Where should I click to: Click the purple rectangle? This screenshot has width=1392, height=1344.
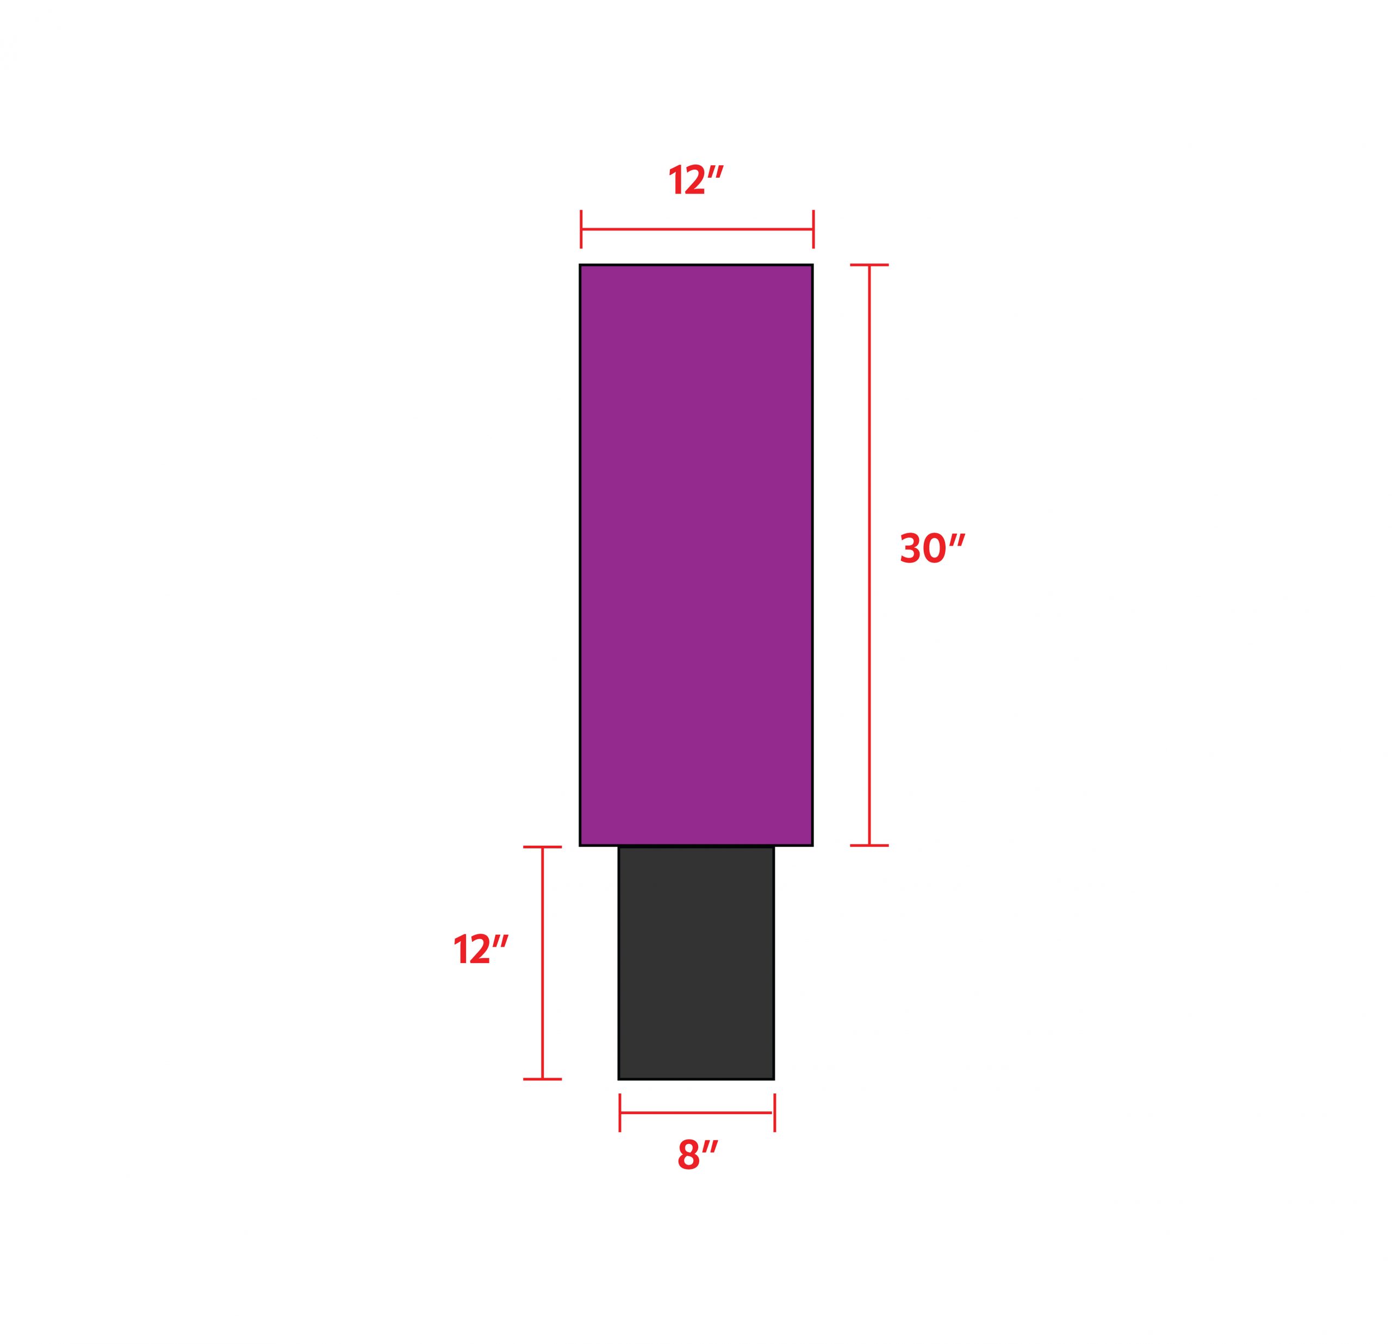pyautogui.click(x=696, y=555)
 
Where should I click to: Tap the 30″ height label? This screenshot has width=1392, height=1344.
pyautogui.click(x=933, y=549)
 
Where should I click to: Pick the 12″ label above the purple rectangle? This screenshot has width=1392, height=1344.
pyautogui.click(x=695, y=180)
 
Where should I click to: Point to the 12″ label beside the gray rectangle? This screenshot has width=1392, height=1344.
pyautogui.click(x=481, y=949)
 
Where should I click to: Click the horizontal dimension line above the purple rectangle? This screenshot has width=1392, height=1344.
pyautogui.click(x=697, y=229)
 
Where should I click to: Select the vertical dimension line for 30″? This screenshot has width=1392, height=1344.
pyautogui.click(x=869, y=555)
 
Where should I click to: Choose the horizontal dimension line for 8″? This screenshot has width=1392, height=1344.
pyautogui.click(x=697, y=1112)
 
